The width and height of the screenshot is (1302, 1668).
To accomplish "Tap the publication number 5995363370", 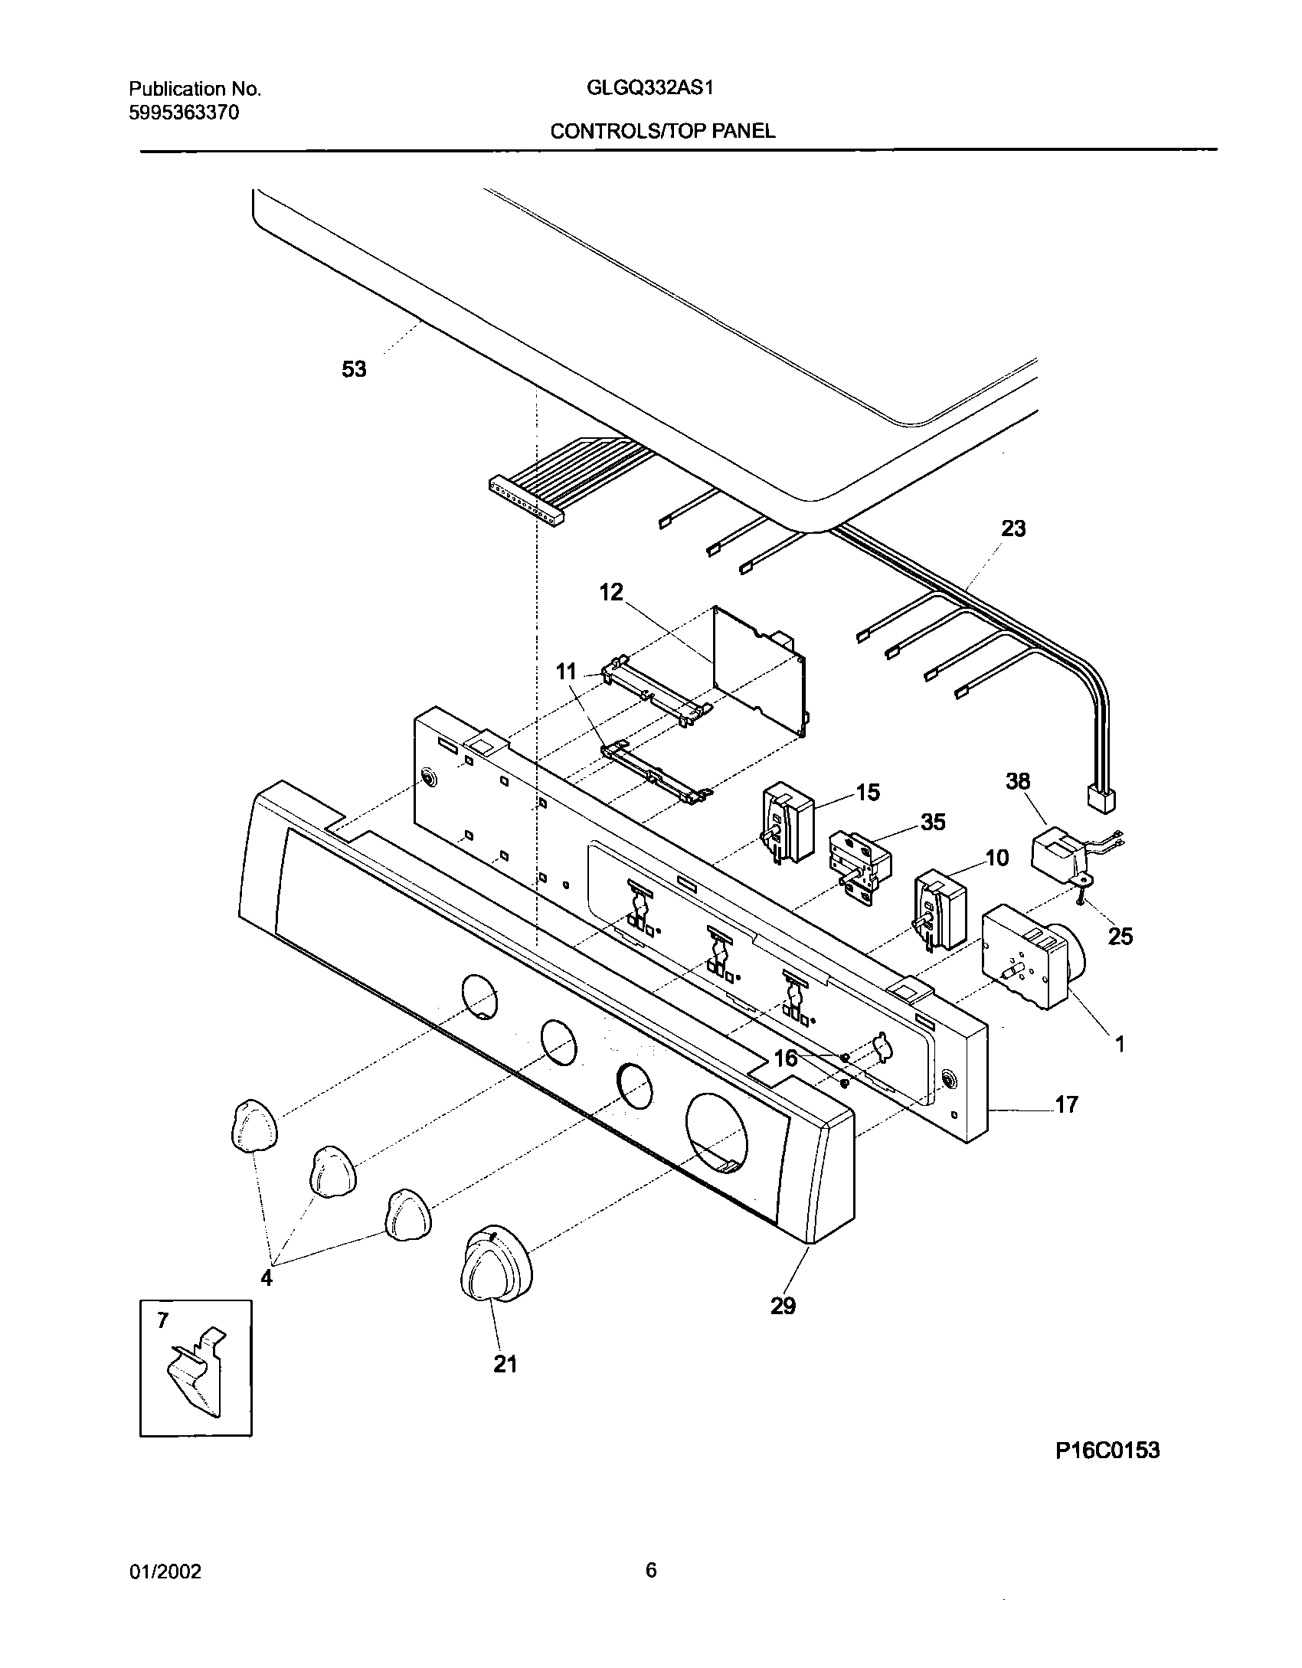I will click(x=184, y=113).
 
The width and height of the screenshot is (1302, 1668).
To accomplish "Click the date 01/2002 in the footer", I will click(x=165, y=1572).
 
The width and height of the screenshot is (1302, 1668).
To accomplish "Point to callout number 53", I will click(x=354, y=370).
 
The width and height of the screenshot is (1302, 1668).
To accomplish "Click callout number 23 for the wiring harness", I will click(x=1012, y=529).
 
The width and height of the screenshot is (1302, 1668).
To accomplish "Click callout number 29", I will click(x=783, y=1306).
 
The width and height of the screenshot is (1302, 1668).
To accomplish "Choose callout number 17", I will click(x=1066, y=1104).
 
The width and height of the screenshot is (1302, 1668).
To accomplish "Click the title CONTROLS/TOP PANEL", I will click(x=662, y=131).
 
